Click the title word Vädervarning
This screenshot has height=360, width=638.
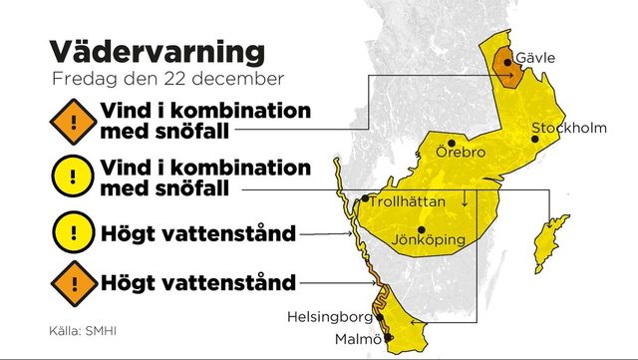tap(158, 51)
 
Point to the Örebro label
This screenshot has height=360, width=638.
tap(461, 154)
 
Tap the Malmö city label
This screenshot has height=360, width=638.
tap(356, 341)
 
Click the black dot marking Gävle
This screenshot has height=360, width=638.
tap(508, 62)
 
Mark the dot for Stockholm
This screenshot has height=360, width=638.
tap(536, 140)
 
